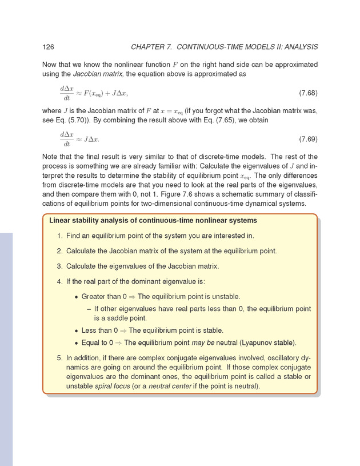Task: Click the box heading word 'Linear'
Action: pos(62,220)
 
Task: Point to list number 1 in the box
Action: pos(60,236)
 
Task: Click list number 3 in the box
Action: pos(60,266)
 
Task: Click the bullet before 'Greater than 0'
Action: pos(76,297)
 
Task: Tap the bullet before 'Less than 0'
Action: pos(76,330)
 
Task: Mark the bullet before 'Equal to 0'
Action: pos(76,343)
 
